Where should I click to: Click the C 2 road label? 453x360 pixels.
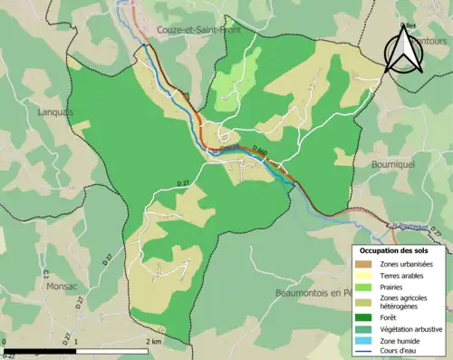pyautogui.click(x=43, y=271)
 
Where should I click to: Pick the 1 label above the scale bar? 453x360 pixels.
pyautogui.click(x=75, y=342)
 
